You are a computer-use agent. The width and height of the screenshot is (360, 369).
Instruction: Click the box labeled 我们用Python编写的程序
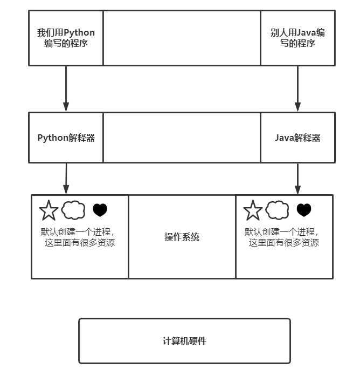click(x=66, y=38)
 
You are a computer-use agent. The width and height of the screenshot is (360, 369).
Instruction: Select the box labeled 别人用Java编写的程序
click(x=297, y=38)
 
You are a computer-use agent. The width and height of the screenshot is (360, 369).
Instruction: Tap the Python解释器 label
click(x=66, y=138)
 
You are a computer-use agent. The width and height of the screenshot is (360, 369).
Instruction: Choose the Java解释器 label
click(x=297, y=138)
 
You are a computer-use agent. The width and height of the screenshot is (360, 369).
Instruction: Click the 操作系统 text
click(x=182, y=237)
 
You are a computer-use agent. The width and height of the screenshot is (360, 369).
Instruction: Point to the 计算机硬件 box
click(x=184, y=341)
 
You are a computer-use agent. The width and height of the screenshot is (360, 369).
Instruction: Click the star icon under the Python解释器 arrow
click(x=49, y=210)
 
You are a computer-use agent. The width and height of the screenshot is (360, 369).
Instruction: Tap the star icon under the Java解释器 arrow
click(x=253, y=210)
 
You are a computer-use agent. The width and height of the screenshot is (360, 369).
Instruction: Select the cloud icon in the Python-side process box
click(x=74, y=209)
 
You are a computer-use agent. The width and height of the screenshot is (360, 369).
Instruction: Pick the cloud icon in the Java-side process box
click(x=278, y=209)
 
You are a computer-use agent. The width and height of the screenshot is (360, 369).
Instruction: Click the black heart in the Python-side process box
click(x=100, y=210)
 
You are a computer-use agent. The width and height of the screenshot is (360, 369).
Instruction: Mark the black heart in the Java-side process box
click(x=304, y=210)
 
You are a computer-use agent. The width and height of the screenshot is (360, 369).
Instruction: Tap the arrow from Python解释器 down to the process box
click(x=66, y=178)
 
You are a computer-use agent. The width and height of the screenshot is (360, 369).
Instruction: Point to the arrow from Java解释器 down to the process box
click(x=297, y=178)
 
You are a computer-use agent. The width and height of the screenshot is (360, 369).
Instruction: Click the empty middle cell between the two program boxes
click(x=182, y=38)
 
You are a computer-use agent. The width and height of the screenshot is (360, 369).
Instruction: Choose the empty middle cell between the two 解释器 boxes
click(x=182, y=138)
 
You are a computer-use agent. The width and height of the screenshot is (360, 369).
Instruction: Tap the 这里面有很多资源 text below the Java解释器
click(x=284, y=243)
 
